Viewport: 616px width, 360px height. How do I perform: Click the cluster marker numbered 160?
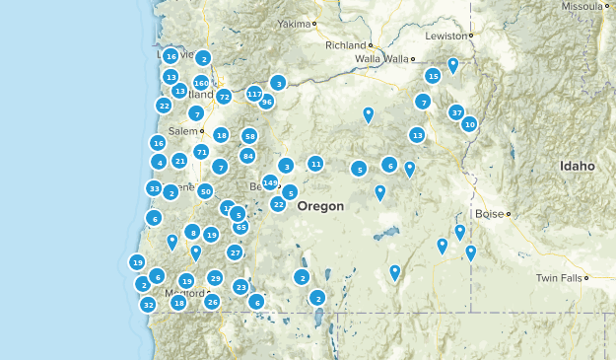pos(201,83)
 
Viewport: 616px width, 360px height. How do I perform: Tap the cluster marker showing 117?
pos(254,95)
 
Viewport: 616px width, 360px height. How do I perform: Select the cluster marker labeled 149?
pos(270,181)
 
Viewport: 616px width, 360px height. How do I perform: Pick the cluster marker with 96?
pos(266,102)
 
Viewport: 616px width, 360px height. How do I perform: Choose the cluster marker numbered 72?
pos(224,97)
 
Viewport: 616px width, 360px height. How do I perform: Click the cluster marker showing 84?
pos(247,156)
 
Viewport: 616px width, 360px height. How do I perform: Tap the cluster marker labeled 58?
pos(249,136)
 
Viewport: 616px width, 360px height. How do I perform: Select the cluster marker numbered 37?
pos(456,112)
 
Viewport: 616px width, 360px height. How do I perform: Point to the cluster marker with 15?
pos(433,76)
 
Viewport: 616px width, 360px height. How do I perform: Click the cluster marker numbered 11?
pos(315,163)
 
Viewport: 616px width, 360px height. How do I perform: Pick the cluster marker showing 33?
pos(154,188)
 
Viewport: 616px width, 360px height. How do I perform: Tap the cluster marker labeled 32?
pos(148,305)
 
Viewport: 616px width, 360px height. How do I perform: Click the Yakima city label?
pos(294,23)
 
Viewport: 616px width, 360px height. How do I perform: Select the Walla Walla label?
pos(381,59)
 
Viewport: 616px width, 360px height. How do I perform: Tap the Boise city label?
pos(488,213)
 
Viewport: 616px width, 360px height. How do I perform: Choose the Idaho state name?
pos(578,167)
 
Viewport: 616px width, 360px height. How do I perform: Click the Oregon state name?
pos(320,206)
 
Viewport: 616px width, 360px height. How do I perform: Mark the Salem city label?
pos(182,130)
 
